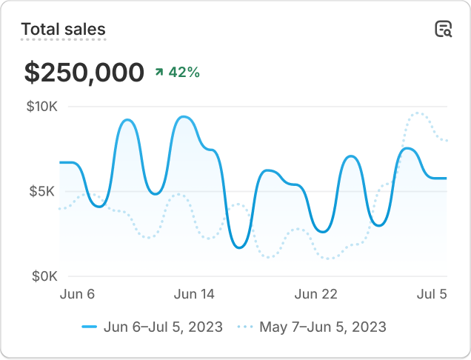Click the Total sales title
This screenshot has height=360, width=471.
(63, 30)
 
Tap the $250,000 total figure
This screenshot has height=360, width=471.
(84, 73)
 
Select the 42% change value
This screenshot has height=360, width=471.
(184, 73)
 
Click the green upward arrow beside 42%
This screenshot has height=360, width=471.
(158, 73)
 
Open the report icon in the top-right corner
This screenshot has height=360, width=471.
(443, 30)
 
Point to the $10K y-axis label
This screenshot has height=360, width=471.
(42, 107)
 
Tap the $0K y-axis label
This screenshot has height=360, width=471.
(44, 276)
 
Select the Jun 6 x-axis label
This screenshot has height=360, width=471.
(77, 294)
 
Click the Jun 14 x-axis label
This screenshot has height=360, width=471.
(194, 294)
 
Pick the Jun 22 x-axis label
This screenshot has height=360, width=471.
(316, 294)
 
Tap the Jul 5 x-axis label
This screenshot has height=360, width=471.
(432, 294)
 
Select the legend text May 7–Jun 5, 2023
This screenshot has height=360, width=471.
(322, 327)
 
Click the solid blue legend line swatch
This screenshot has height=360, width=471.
(90, 327)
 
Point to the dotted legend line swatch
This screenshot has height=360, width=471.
(244, 327)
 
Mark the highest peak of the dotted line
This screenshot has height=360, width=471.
(418, 113)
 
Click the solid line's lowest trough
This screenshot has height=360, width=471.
(239, 247)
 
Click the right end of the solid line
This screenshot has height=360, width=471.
(446, 179)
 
